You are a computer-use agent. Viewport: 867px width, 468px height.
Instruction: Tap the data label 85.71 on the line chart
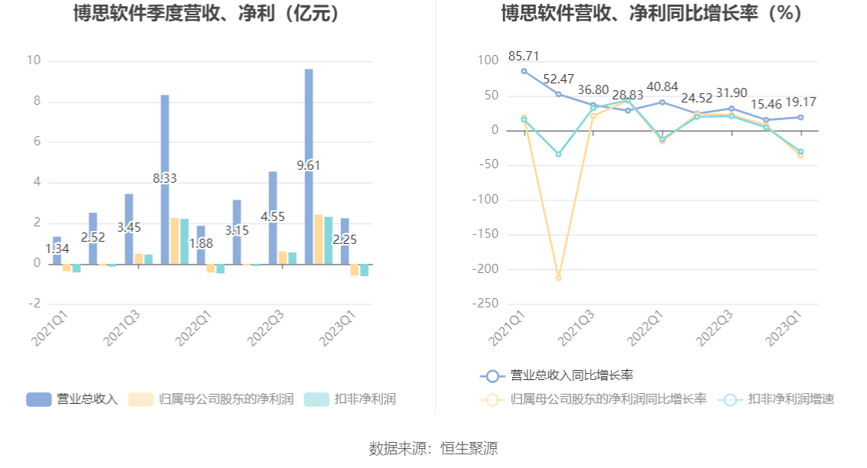[524, 56]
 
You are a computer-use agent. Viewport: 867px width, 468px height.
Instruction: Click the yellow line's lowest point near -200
[558, 278]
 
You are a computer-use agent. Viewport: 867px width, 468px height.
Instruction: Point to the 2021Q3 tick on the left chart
[123, 328]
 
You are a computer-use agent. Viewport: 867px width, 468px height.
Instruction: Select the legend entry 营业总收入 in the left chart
[73, 399]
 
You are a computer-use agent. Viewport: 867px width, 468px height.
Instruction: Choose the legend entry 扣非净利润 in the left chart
[350, 399]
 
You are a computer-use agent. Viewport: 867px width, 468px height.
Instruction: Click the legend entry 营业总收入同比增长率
[557, 375]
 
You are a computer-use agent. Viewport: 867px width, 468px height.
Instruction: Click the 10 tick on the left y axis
[33, 61]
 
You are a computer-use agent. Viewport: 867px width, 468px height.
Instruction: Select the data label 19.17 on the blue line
[800, 102]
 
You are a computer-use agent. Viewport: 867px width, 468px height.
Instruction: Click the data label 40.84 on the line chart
[662, 86]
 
